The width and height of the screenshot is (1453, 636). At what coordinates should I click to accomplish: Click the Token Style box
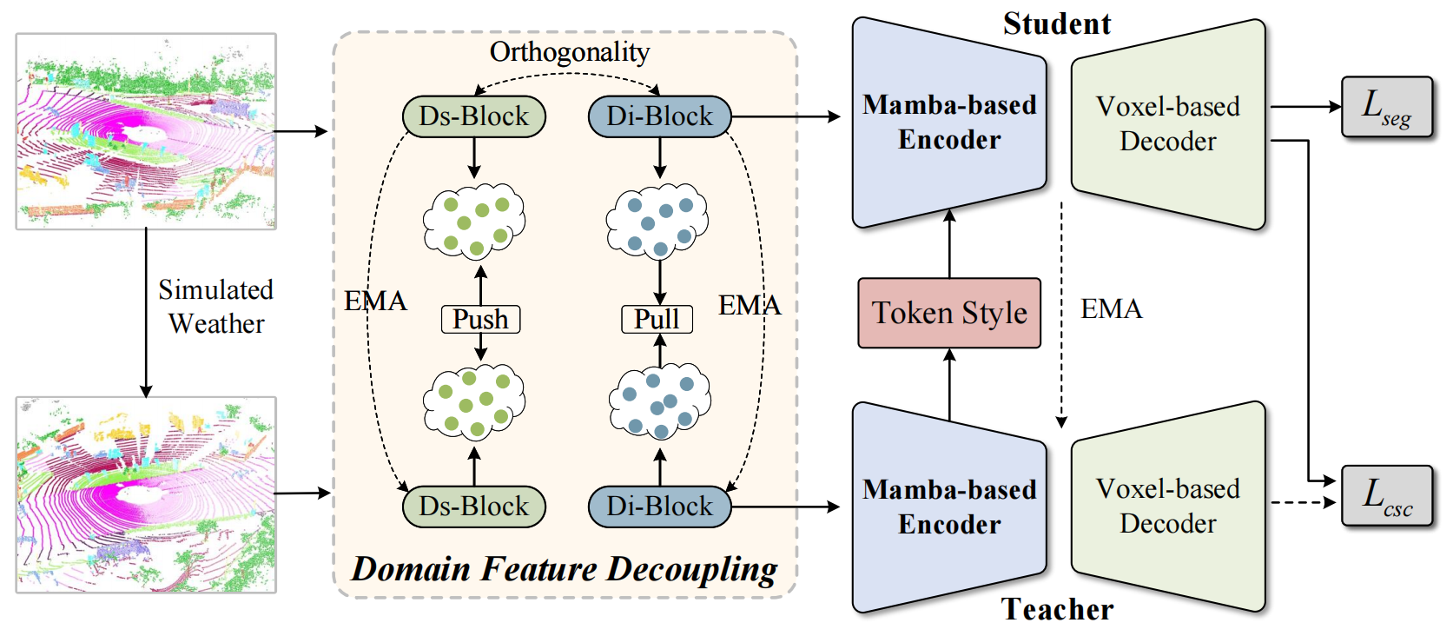point(948,313)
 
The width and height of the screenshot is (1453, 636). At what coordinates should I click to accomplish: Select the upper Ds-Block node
point(473,116)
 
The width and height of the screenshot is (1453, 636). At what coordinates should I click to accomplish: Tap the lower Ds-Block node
point(473,507)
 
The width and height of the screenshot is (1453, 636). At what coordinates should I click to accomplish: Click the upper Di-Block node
point(659,116)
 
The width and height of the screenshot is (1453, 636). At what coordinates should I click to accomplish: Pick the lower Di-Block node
point(659,507)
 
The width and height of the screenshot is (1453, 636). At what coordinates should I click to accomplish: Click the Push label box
point(480,319)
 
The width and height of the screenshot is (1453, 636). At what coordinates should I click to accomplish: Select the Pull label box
point(657,319)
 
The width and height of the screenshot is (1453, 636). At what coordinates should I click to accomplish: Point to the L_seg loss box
point(1386,107)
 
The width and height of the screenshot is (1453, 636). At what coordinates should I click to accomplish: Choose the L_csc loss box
point(1386,495)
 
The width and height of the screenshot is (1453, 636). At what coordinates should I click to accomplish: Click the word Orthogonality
point(570,52)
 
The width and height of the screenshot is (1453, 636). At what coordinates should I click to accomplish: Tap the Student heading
point(1057,23)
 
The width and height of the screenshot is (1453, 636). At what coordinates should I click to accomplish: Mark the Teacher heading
point(1057,609)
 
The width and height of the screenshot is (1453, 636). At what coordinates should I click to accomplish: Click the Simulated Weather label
point(216,307)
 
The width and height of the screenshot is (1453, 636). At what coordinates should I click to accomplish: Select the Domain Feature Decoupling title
point(565,569)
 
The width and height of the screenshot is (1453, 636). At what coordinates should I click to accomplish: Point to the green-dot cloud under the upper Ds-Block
point(474,222)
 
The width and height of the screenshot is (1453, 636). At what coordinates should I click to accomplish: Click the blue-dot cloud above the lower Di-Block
point(660,402)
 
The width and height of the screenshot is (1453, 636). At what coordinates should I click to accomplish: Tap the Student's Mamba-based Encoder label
point(949,123)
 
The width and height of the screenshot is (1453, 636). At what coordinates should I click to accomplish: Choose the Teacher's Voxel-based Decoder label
point(1167,506)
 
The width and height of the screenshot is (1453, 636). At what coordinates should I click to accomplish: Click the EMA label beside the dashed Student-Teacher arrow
point(1111,309)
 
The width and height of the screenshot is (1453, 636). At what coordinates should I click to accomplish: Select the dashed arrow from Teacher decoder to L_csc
point(1303,502)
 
